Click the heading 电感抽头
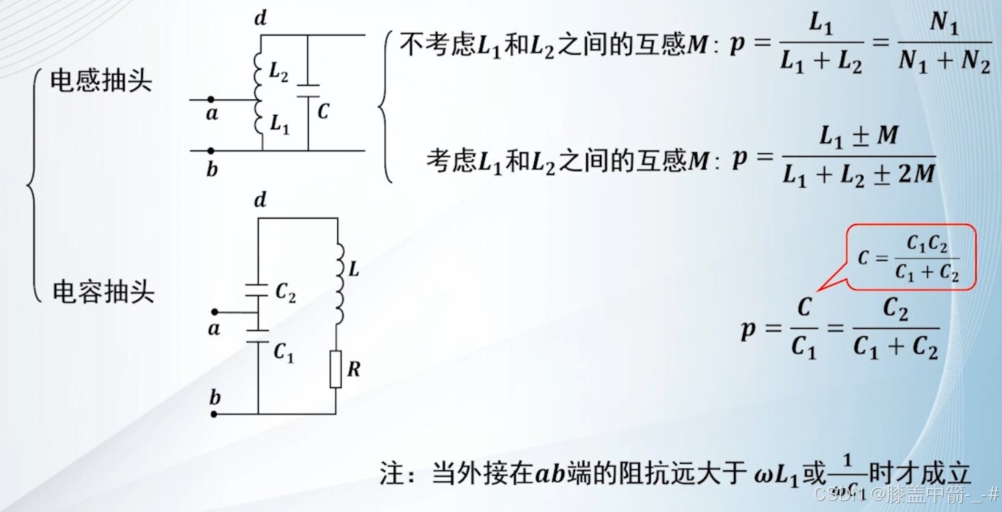pyautogui.click(x=101, y=81)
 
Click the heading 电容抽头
pyautogui.click(x=104, y=292)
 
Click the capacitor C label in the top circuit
pyautogui.click(x=324, y=111)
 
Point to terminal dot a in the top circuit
pyautogui.click(x=211, y=100)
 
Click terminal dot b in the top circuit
pyautogui.click(x=211, y=150)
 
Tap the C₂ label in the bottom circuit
pyautogui.click(x=285, y=292)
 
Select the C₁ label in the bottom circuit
pyautogui.click(x=283, y=352)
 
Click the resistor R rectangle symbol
pyautogui.click(x=335, y=369)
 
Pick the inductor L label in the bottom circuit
pyautogui.click(x=354, y=269)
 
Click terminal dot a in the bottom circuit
pyautogui.click(x=214, y=312)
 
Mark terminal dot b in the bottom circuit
pyautogui.click(x=214, y=414)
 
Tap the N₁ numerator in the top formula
pyautogui.click(x=944, y=25)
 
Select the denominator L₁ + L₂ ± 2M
pyautogui.click(x=858, y=175)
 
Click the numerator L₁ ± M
pyautogui.click(x=858, y=137)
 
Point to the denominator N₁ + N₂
pyautogui.click(x=945, y=63)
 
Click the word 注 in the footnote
pyautogui.click(x=392, y=473)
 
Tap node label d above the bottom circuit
pyautogui.click(x=260, y=200)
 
